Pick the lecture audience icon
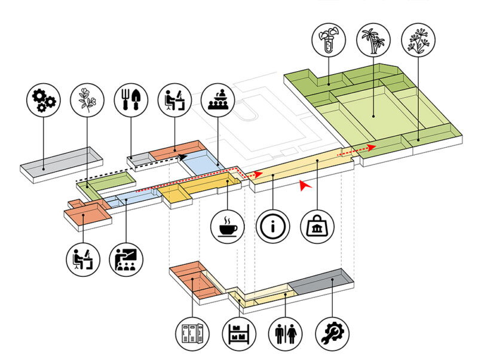click(217, 100)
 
